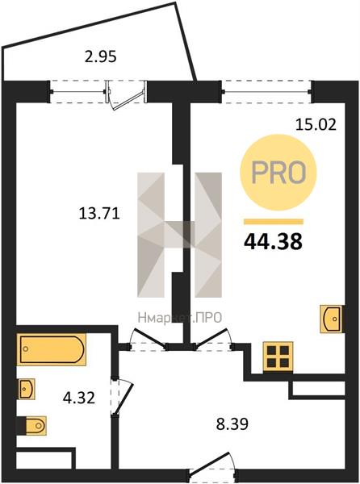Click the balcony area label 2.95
[101, 57]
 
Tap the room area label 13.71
[99, 213]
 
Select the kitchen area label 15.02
[316, 125]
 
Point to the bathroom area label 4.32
[79, 398]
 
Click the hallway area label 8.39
[232, 424]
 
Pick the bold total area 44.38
[274, 242]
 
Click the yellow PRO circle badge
[278, 173]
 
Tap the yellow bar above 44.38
[274, 222]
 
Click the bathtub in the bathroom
[52, 349]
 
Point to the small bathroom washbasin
[26, 389]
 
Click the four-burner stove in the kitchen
[278, 356]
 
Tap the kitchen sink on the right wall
[332, 319]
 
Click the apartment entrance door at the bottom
[213, 469]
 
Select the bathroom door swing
[122, 397]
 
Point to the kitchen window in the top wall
[266, 91]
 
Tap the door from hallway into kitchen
[213, 340]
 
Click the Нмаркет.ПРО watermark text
[180, 317]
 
